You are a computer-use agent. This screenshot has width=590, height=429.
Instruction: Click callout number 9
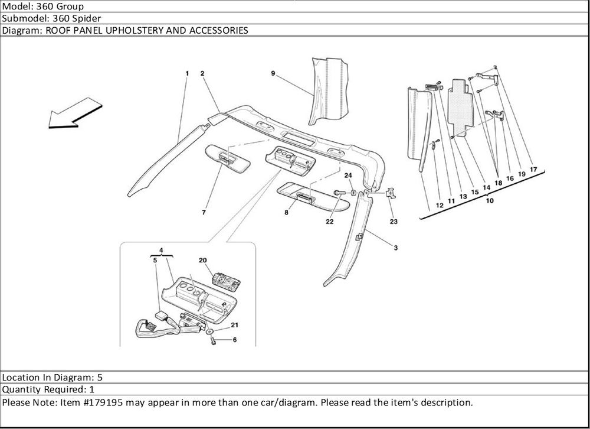click(x=273, y=73)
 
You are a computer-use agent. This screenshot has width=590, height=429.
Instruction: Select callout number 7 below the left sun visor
click(x=204, y=212)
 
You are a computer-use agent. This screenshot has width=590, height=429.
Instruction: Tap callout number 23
click(x=393, y=222)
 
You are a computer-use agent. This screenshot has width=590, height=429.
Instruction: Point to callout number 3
click(x=395, y=248)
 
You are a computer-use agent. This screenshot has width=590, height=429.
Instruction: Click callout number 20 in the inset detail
click(x=202, y=261)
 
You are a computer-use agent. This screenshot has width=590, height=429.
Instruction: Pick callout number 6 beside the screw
click(x=234, y=340)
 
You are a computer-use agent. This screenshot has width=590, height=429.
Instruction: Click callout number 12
click(x=440, y=205)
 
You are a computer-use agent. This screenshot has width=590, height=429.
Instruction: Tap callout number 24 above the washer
click(x=348, y=175)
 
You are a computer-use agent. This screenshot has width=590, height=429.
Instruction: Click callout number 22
click(x=329, y=222)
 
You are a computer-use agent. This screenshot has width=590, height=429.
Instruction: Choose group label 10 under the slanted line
click(x=490, y=201)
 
